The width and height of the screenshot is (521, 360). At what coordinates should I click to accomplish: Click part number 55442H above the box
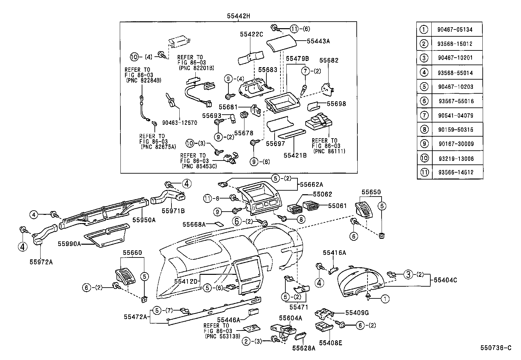click(x=239, y=16)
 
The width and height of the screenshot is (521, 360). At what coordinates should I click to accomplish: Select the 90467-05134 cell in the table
click(x=455, y=29)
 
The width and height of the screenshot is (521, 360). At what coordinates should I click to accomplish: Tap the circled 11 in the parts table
click(x=424, y=172)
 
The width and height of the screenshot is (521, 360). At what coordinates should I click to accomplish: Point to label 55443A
click(x=318, y=41)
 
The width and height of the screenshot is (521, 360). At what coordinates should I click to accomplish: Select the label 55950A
click(x=144, y=220)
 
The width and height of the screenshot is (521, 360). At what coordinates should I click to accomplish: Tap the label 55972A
click(x=41, y=262)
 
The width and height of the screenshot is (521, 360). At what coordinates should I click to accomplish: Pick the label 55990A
click(x=69, y=244)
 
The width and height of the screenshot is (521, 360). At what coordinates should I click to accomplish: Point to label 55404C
click(x=445, y=280)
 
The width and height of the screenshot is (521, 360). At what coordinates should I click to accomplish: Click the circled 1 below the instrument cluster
click(x=386, y=298)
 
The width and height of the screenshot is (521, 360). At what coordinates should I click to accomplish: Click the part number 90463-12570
click(x=179, y=123)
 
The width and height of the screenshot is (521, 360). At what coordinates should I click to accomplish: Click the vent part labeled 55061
click(x=311, y=206)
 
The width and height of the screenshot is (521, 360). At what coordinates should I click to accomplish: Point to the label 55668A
click(x=194, y=224)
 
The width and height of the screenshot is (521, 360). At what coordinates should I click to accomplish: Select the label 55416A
click(x=334, y=253)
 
